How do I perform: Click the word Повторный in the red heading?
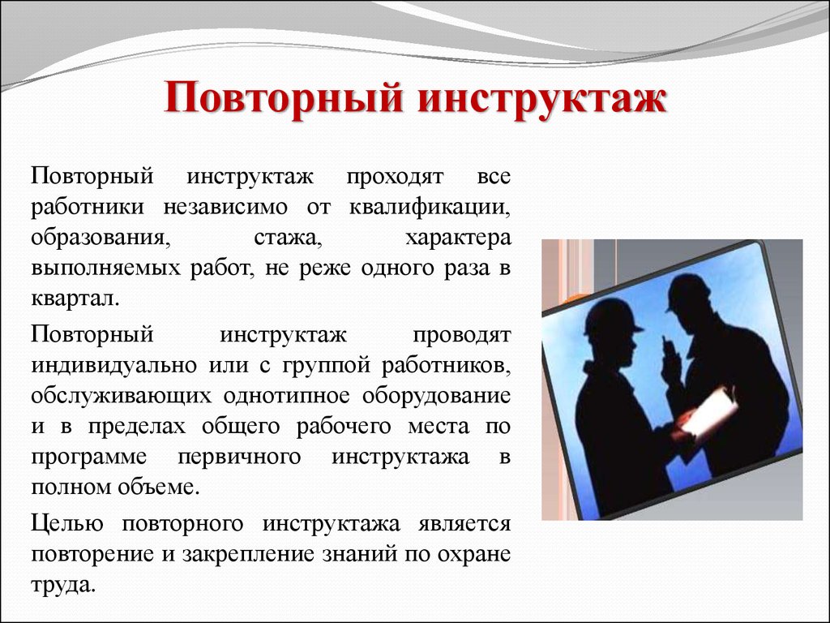pos(284,98)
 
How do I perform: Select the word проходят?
pos(395,177)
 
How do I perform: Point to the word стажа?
pos(289,238)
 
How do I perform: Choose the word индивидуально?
pos(113,365)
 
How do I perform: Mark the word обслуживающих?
pos(122,396)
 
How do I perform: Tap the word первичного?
pos(239,458)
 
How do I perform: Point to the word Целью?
pos(66,523)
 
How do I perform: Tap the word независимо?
pos(225,207)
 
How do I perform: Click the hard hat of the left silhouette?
pos(611,317)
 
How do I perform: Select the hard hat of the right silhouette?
pos(687,292)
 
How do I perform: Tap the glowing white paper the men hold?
pos(708,409)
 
